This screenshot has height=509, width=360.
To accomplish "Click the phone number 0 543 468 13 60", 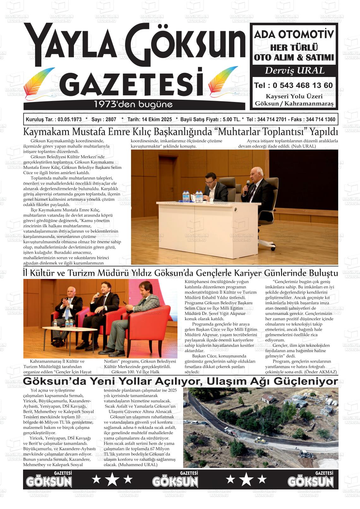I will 302,86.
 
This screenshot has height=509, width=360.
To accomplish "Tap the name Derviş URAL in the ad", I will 294,70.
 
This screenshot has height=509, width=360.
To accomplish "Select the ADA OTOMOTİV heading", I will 294,34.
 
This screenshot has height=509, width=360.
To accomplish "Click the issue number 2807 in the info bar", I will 111,120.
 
